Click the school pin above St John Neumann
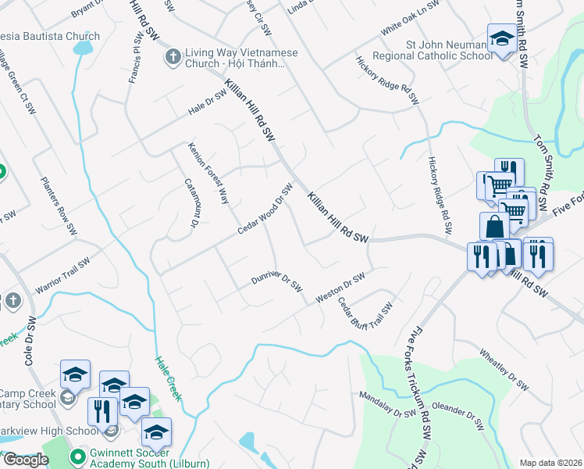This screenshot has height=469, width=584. click(501, 38)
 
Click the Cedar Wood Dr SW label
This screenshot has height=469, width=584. click(265, 209)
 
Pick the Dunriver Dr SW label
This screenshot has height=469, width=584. click(276, 282)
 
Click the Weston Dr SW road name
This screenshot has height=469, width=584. click(340, 288)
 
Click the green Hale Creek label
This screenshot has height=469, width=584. click(168, 378)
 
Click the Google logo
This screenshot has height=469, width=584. click(25, 459)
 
